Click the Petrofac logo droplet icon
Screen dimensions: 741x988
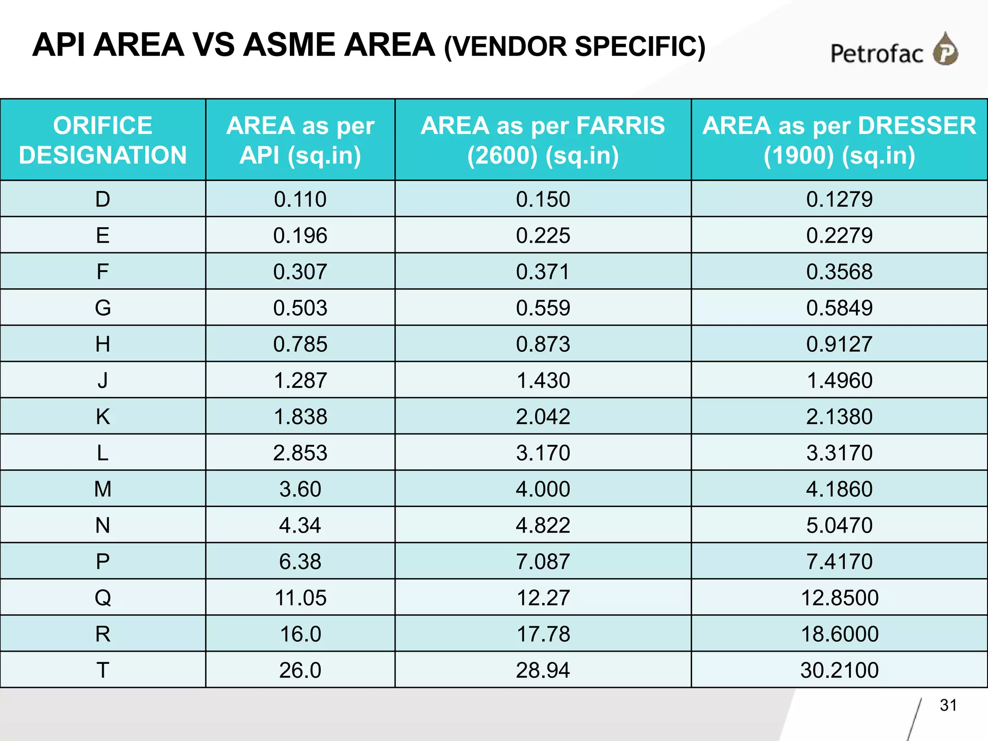(946, 49)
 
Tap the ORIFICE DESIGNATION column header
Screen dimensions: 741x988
(103, 140)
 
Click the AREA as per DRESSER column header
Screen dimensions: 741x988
(839, 140)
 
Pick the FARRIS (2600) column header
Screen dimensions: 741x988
(543, 140)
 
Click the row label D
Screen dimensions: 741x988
(103, 199)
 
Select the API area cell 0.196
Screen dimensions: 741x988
(300, 235)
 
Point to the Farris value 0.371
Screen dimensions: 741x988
(543, 272)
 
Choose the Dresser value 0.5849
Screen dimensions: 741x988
(839, 308)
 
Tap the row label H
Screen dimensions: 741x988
(103, 344)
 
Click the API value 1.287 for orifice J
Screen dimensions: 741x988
(300, 380)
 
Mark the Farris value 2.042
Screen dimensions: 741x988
(543, 416)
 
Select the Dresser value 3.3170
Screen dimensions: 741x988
(839, 453)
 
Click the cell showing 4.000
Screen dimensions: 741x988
(543, 489)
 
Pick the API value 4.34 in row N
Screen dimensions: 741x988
(300, 525)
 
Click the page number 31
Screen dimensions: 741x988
(948, 705)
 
